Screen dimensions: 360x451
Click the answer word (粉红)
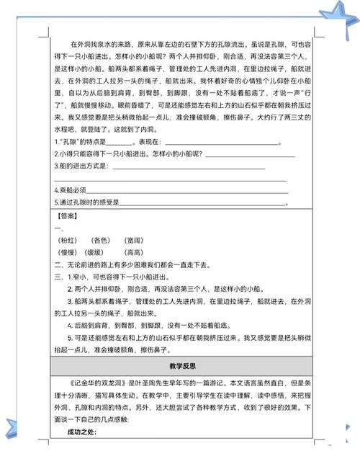point(69,239)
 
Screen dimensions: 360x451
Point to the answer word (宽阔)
point(134,239)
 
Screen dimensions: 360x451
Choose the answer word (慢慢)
point(69,252)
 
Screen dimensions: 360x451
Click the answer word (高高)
point(134,252)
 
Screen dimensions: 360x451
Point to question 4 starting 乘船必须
point(79,189)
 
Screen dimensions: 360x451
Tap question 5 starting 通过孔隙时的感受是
point(101,202)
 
